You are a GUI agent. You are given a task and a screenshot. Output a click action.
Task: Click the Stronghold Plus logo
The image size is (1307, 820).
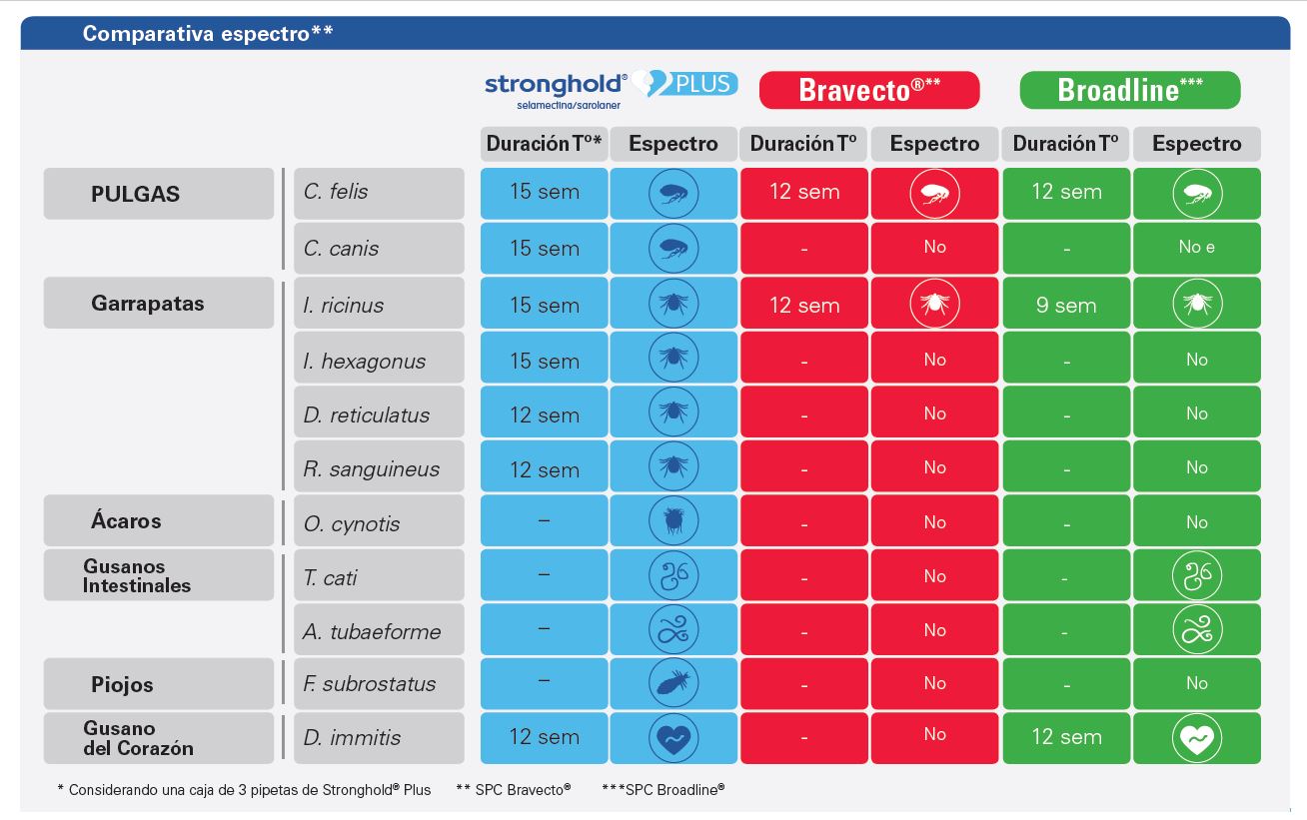pyautogui.click(x=611, y=88)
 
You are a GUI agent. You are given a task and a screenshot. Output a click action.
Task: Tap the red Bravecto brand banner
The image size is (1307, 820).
pyautogui.click(x=869, y=90)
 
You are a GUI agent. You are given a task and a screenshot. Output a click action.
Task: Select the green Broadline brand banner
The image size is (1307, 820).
pyautogui.click(x=1129, y=90)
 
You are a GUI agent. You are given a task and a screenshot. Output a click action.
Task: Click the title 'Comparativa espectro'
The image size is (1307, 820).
pyautogui.click(x=208, y=34)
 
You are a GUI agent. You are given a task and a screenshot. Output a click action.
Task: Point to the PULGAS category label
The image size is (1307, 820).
pyautogui.click(x=136, y=194)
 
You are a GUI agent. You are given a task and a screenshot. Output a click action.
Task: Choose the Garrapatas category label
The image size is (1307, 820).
pyautogui.click(x=148, y=304)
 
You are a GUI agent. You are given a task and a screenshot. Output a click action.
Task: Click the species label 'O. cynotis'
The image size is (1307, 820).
pyautogui.click(x=352, y=523)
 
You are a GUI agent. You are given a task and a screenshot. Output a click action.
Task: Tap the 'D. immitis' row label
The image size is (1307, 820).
pyautogui.click(x=352, y=738)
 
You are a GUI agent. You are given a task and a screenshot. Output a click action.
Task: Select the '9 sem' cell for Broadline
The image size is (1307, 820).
pyautogui.click(x=1066, y=305)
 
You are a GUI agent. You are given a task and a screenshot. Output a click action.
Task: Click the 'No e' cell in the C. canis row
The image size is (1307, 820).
pyautogui.click(x=1196, y=248)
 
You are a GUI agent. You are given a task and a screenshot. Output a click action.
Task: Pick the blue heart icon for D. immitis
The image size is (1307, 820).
pyautogui.click(x=673, y=738)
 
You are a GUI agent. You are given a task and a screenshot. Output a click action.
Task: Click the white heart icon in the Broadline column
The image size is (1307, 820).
pyautogui.click(x=1196, y=738)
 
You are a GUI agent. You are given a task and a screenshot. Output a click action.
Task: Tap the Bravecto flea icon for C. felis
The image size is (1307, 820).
pyautogui.click(x=934, y=194)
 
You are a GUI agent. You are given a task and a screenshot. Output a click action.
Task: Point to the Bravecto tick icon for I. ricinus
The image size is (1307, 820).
pyautogui.click(x=934, y=304)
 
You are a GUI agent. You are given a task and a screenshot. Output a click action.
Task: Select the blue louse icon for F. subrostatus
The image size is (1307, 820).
pyautogui.click(x=673, y=683)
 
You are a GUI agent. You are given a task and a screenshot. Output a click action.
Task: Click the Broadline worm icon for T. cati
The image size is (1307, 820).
pyautogui.click(x=1196, y=576)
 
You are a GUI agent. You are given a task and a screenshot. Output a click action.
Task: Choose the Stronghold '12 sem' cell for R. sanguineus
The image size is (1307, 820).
pyautogui.click(x=544, y=468)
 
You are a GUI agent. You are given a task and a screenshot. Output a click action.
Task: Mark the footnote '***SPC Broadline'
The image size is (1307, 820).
pyautogui.click(x=662, y=790)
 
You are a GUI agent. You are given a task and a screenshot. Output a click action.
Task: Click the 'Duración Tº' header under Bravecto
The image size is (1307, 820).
pyautogui.click(x=804, y=144)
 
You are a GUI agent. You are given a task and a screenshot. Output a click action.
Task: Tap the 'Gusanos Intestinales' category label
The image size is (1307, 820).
pyautogui.click(x=137, y=576)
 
